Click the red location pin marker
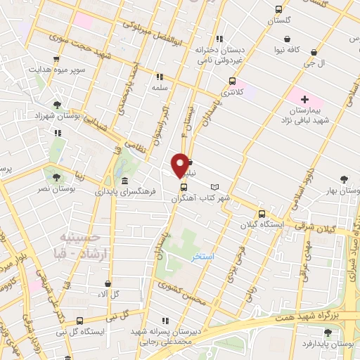[181, 165]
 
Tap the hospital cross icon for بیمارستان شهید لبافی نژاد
[304, 101]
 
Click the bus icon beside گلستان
[280, 10]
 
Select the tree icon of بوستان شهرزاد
[57, 104]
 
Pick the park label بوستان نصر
[57, 189]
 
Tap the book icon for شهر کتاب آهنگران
[214, 186]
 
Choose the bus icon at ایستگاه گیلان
[262, 214]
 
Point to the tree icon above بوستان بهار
[344, 180]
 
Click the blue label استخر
[203, 257]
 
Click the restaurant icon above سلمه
[160, 76]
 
